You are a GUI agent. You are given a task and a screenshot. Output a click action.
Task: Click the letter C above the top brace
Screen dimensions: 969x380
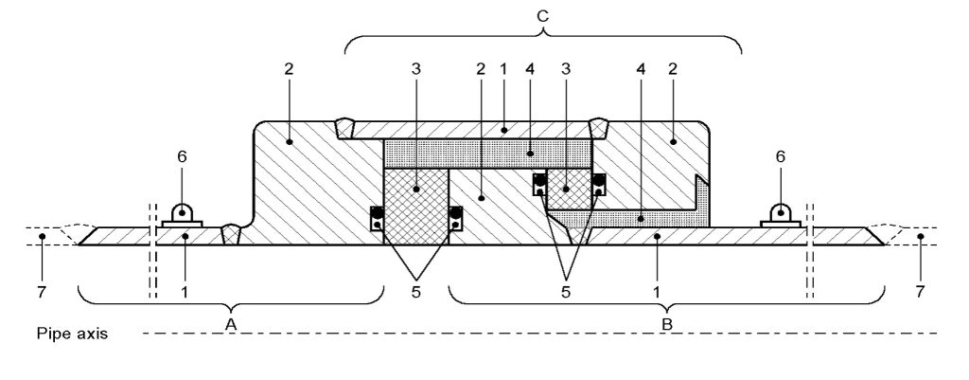point(542,17)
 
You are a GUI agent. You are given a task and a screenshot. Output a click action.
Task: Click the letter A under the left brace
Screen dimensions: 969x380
point(231,323)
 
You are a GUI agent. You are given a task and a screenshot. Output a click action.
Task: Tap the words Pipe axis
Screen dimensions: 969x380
point(72,335)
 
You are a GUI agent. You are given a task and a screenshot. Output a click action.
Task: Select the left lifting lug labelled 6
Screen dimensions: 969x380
point(183,215)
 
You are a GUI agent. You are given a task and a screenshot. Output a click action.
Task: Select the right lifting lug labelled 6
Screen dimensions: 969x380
point(781,215)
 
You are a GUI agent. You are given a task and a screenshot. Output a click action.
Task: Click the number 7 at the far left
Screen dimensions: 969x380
point(42,292)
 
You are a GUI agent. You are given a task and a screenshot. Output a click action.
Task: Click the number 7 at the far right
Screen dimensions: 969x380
point(920,292)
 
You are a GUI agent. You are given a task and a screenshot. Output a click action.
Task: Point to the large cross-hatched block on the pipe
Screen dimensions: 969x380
point(416,206)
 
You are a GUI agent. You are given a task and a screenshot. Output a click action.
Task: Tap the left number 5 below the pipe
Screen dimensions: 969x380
point(416,292)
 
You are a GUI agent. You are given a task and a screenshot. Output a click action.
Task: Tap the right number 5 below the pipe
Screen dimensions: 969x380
point(566,292)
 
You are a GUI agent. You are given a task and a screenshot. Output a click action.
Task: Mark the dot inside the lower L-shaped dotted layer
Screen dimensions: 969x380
point(641,219)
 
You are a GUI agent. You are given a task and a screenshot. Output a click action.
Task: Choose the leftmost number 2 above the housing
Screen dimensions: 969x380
point(289,68)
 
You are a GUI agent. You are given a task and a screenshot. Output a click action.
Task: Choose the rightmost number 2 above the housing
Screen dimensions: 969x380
point(673,68)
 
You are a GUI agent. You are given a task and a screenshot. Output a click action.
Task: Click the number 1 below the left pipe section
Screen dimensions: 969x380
point(185,292)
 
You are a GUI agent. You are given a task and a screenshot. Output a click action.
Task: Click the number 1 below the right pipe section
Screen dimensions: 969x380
point(657,292)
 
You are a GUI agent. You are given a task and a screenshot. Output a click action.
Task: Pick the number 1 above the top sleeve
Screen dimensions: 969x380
point(503,68)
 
